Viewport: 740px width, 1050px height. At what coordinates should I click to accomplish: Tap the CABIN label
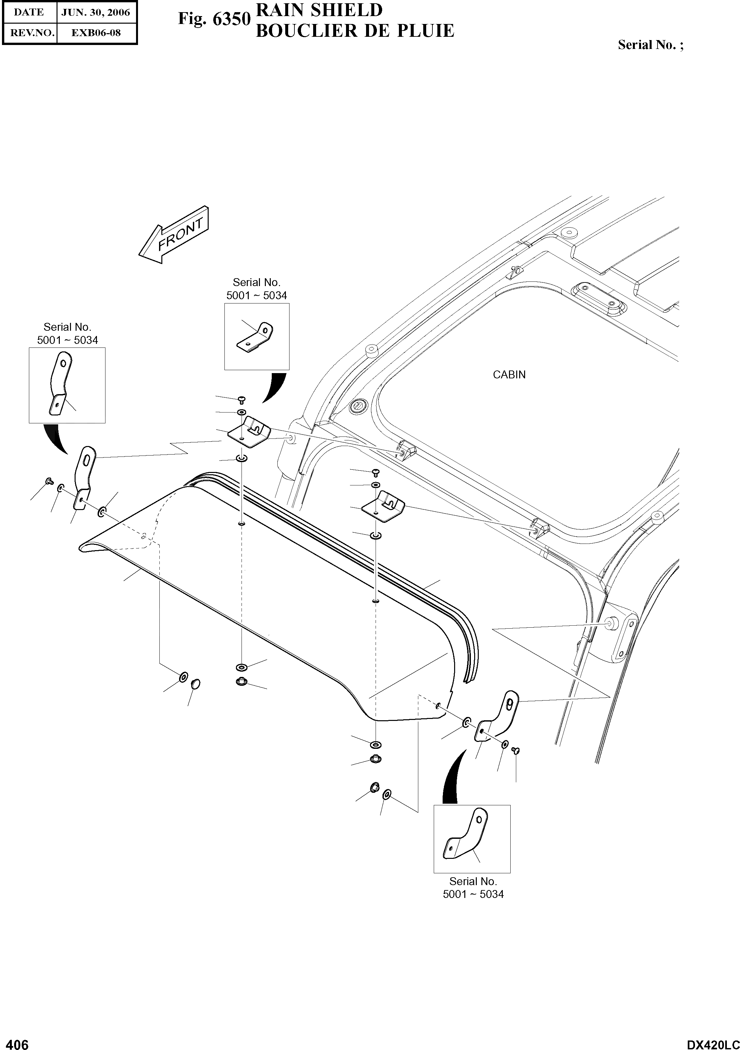point(509,374)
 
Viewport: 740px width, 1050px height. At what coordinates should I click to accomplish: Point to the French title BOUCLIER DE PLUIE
point(355,31)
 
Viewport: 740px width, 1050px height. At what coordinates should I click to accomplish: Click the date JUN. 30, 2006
point(96,12)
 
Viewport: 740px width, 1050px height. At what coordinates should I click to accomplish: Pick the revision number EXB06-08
point(96,33)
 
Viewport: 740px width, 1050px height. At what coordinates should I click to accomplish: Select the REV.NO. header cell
point(29,33)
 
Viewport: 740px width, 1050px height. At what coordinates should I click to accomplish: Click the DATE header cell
point(29,12)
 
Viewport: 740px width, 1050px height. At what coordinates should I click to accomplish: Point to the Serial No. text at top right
point(650,45)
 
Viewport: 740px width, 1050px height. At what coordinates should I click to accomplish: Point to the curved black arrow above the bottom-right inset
point(452,777)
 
